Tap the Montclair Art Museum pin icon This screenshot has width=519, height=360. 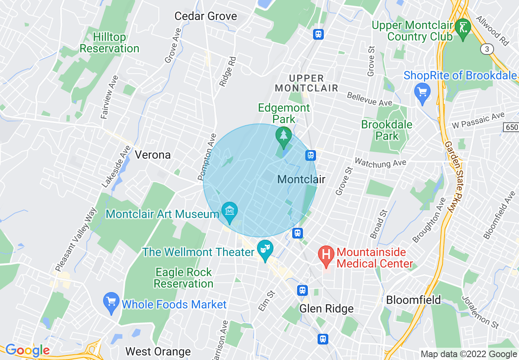click(230, 211)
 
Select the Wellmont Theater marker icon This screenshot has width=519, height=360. click(265, 249)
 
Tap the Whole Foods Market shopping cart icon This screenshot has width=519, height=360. click(111, 302)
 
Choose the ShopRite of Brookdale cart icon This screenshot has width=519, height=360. click(422, 92)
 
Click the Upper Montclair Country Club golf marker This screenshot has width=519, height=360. click(463, 28)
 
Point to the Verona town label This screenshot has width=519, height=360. click(153, 155)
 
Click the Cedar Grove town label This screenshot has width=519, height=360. click(205, 16)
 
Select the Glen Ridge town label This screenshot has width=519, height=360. click(326, 308)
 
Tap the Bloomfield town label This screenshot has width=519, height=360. click(413, 300)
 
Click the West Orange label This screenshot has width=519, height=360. click(158, 351)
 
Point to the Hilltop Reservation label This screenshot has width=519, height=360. click(109, 43)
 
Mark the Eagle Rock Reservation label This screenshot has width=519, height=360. click(183, 278)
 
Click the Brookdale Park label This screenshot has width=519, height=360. click(387, 130)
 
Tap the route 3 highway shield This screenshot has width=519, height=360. click(486, 49)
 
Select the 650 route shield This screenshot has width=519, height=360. click(511, 128)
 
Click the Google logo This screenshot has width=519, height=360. click(27, 350)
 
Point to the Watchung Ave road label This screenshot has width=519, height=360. click(380, 162)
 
